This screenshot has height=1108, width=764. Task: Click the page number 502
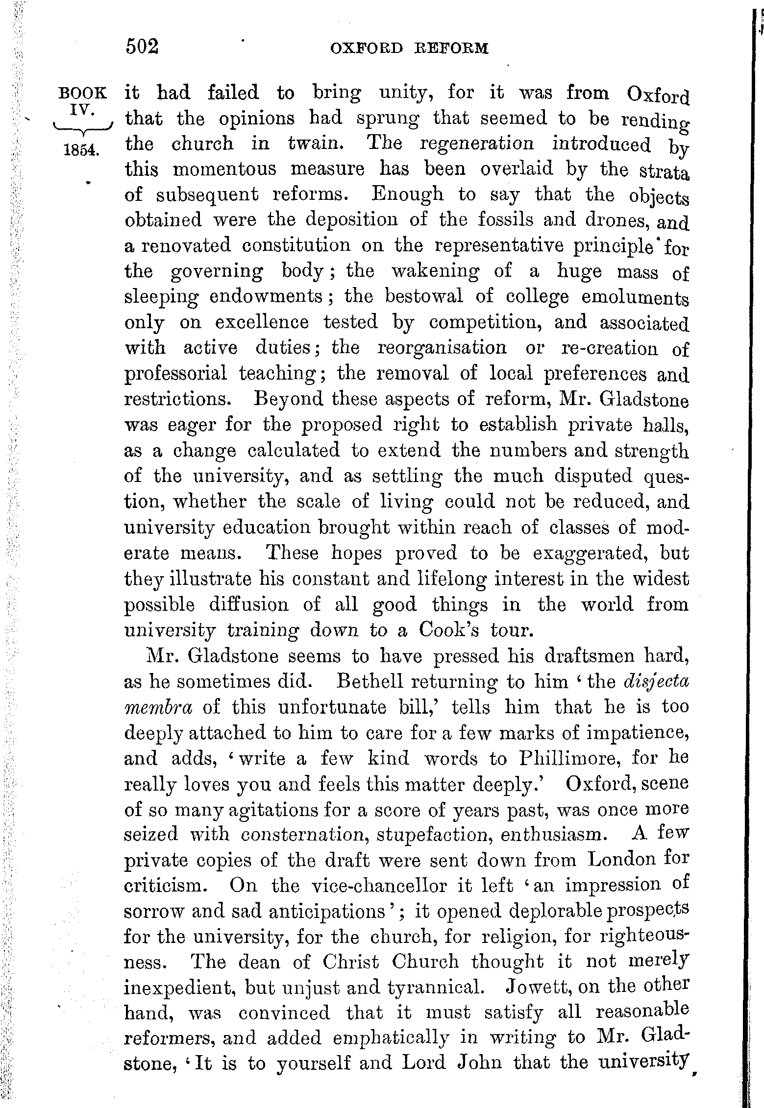pyautogui.click(x=143, y=47)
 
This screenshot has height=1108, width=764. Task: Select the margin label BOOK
pyautogui.click(x=82, y=93)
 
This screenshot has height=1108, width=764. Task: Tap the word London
pyautogui.click(x=622, y=860)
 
